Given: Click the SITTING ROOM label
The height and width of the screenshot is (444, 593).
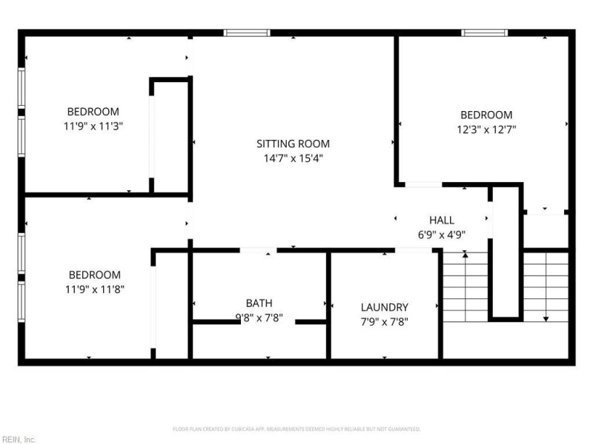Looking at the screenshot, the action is click(x=293, y=144).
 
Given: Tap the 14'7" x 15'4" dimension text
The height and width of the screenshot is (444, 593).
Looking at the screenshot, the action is click(x=293, y=158).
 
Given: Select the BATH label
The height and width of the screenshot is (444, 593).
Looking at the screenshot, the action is click(x=259, y=303).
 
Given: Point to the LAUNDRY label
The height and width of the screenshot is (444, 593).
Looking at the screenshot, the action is click(x=384, y=307).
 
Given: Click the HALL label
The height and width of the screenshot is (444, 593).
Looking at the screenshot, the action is click(x=442, y=220).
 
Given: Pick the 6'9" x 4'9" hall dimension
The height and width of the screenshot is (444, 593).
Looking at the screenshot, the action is click(x=441, y=235).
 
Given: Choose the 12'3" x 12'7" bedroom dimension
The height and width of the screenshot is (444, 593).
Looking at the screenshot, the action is click(x=486, y=129).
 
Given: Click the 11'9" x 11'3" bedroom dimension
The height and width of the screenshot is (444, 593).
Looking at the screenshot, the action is click(x=93, y=126).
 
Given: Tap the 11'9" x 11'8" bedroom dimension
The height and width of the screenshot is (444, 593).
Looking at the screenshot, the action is click(x=95, y=289).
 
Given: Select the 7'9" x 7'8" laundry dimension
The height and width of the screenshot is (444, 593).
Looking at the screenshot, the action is click(x=384, y=322).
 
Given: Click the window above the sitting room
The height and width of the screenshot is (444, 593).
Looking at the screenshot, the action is click(x=247, y=33).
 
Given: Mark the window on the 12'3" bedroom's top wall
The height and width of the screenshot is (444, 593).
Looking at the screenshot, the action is click(x=485, y=33).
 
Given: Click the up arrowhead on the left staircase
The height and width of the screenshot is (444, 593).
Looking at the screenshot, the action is click(x=466, y=255).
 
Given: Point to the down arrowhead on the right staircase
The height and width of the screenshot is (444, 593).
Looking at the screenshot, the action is click(x=546, y=319).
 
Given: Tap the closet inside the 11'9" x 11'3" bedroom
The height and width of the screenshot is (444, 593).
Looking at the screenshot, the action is click(x=171, y=137).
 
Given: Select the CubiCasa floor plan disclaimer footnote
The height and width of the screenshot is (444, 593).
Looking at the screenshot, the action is click(x=296, y=429).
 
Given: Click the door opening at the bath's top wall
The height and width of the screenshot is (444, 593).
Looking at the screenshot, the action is click(x=258, y=250).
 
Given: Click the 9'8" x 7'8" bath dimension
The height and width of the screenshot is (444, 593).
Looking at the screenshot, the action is click(x=259, y=318).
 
